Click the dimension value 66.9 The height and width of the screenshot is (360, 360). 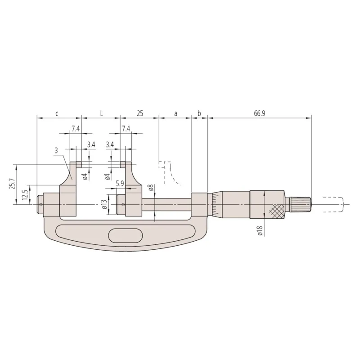click(260, 113)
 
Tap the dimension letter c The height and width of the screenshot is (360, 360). click(57, 114)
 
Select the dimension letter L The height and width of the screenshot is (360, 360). click(102, 113)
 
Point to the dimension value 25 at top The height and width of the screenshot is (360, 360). click(140, 113)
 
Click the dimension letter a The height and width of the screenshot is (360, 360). click(175, 114)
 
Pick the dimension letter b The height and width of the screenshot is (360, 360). click(199, 113)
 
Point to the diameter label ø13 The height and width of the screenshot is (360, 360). click(105, 204)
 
